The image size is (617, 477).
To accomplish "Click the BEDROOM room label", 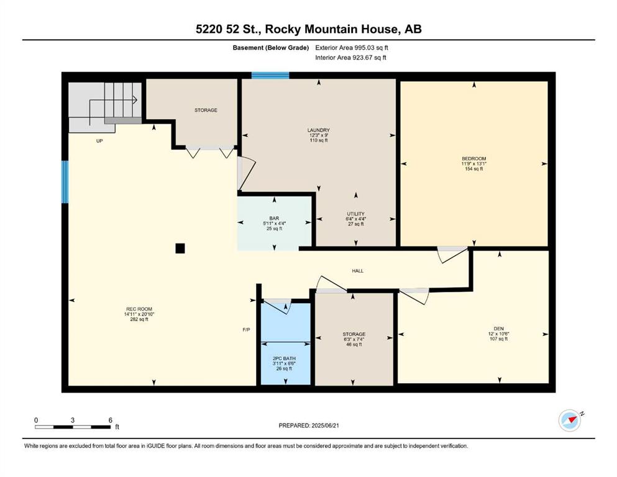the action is click(x=473, y=158).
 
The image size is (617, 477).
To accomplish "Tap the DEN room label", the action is click(x=498, y=329).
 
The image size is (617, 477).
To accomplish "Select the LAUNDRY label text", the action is click(x=318, y=130).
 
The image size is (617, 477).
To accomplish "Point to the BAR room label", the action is click(x=274, y=218).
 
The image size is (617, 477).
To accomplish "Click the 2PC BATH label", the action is click(x=284, y=358).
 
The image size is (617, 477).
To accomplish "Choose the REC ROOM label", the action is click(x=139, y=309).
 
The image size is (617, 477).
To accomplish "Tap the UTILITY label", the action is click(x=355, y=214).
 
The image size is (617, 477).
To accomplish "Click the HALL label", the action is click(x=358, y=271).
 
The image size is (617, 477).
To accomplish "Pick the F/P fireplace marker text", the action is click(x=246, y=330).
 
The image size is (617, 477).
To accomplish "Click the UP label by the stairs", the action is click(x=99, y=141).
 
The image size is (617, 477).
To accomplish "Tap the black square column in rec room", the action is click(x=180, y=248).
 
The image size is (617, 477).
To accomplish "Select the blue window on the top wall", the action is click(x=270, y=76).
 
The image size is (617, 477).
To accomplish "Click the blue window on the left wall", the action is click(x=65, y=182).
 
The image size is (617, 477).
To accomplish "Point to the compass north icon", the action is click(x=570, y=420).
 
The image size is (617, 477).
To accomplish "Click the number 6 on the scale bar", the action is click(x=111, y=420).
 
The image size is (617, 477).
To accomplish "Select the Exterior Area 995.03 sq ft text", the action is click(x=352, y=48).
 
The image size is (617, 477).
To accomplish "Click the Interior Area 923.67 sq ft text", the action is click(x=350, y=57).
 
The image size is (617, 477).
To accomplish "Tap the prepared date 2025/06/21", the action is click(x=325, y=425).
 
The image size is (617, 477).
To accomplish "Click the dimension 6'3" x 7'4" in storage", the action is click(x=354, y=339).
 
